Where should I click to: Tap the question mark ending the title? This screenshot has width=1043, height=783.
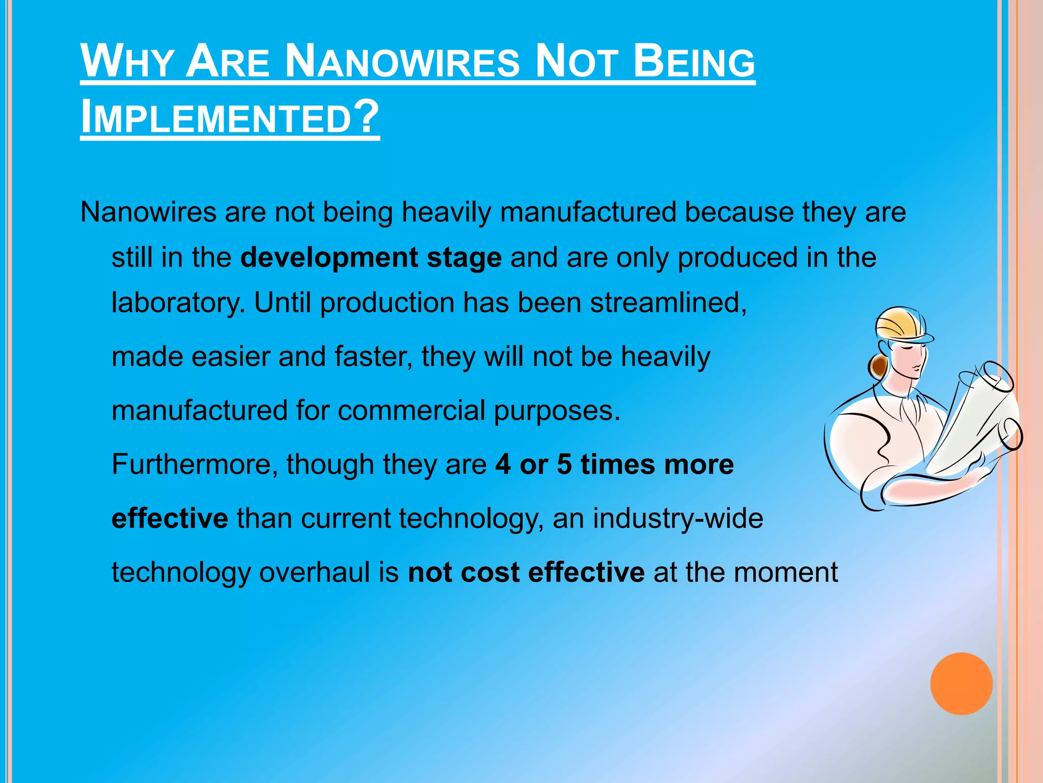(366, 116)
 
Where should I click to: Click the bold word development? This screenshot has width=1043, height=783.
(329, 257)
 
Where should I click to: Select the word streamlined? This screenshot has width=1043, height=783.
(668, 303)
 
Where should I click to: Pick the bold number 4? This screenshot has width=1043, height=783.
(503, 465)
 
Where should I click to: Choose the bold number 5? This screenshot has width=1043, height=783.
(564, 465)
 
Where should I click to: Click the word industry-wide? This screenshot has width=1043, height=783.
(678, 518)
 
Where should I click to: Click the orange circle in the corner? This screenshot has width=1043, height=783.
(961, 684)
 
